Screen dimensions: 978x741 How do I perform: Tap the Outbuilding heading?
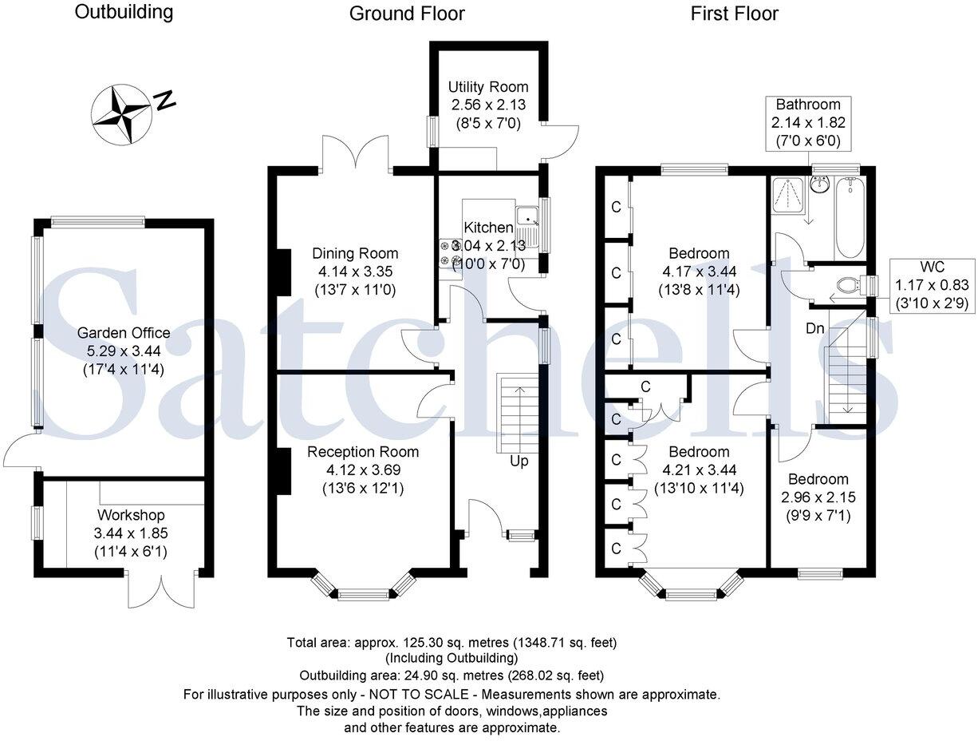pos(123,12)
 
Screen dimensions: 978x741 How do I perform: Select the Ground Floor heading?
pos(407,13)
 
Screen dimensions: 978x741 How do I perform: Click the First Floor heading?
pos(734,13)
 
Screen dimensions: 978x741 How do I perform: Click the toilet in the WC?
pos(852,285)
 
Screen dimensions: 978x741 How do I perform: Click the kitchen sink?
pos(528,216)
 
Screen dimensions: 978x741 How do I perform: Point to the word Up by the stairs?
pos(519,461)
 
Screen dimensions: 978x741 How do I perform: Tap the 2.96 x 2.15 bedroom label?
pos(818,495)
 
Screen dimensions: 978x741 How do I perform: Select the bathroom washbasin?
pos(819,185)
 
